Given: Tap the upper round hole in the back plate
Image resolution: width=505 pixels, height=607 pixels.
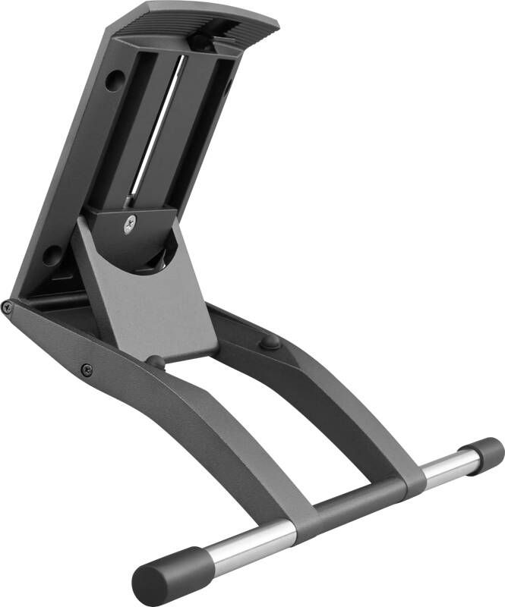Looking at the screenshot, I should pos(114,80).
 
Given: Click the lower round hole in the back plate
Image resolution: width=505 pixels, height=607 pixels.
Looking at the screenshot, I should pos(52,254).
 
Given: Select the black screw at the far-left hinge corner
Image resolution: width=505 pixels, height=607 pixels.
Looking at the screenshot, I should pos(7,307).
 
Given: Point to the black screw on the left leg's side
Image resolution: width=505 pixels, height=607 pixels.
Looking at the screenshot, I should pos(87,370).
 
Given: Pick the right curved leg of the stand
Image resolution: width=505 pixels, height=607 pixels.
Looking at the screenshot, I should pos(349,395).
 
